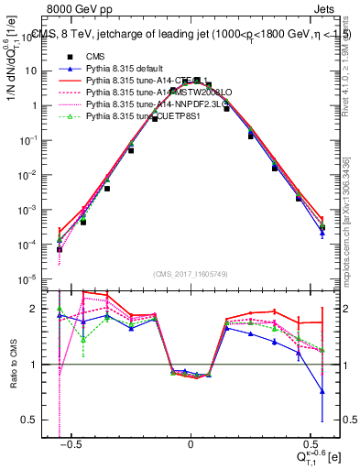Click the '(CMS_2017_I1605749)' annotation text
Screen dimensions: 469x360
tap(190, 275)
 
